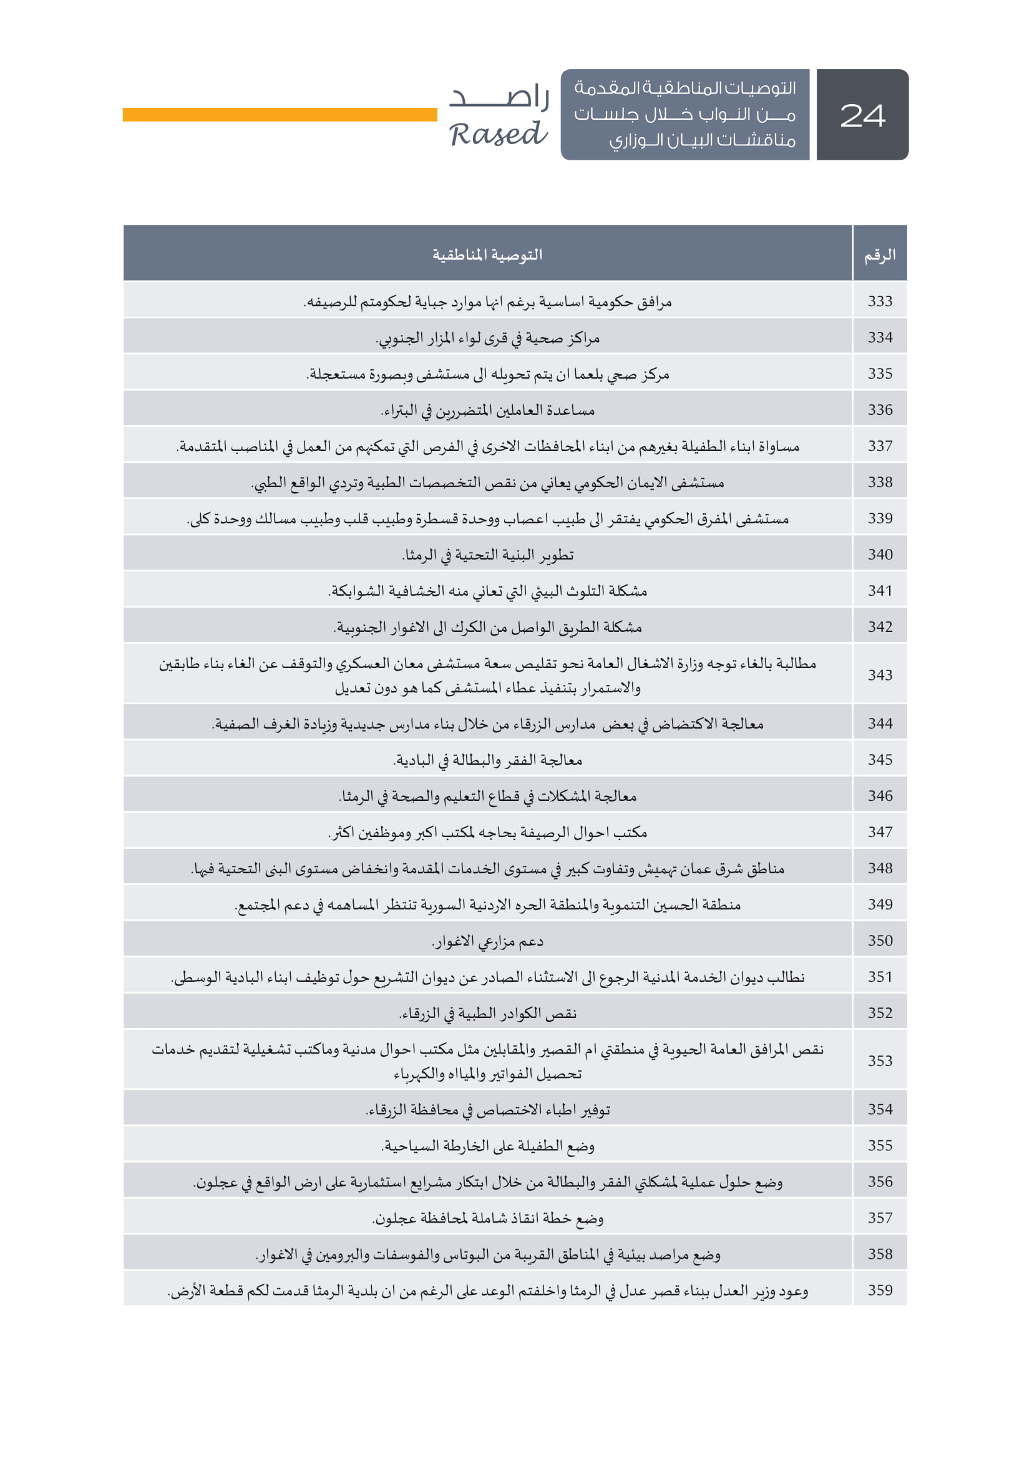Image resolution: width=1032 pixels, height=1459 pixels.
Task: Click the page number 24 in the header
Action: (x=862, y=115)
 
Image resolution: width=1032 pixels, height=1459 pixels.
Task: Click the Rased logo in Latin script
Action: (x=497, y=135)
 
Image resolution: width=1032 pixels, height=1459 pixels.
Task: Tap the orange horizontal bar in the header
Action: (x=280, y=114)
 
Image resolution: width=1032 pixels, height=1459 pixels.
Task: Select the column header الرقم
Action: (x=880, y=256)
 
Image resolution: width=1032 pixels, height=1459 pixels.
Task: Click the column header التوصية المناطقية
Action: (x=487, y=256)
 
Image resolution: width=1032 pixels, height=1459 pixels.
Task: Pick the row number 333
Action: (x=880, y=301)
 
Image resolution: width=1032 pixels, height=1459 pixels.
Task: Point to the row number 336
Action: (x=880, y=410)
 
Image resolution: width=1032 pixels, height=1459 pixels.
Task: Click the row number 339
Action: (x=880, y=518)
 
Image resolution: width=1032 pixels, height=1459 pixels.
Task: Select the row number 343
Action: (x=880, y=675)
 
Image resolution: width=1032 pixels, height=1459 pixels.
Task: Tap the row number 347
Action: (x=880, y=832)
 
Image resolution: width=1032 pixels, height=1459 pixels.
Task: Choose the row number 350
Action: (x=880, y=941)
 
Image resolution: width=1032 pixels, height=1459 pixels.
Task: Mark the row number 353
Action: (x=880, y=1060)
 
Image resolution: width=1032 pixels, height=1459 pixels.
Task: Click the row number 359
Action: (x=880, y=1290)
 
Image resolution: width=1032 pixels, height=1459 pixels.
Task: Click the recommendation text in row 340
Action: (x=487, y=555)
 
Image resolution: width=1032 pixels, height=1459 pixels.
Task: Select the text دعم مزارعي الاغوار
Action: (x=487, y=941)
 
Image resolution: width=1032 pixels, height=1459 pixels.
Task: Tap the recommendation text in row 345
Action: (x=487, y=760)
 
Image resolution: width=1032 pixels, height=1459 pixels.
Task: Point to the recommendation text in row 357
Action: (x=487, y=1218)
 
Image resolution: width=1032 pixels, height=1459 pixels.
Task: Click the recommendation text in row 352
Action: (x=487, y=1013)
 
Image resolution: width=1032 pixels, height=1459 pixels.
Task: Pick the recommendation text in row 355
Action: (x=487, y=1146)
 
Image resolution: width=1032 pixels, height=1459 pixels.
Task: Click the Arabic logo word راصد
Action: (x=500, y=97)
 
